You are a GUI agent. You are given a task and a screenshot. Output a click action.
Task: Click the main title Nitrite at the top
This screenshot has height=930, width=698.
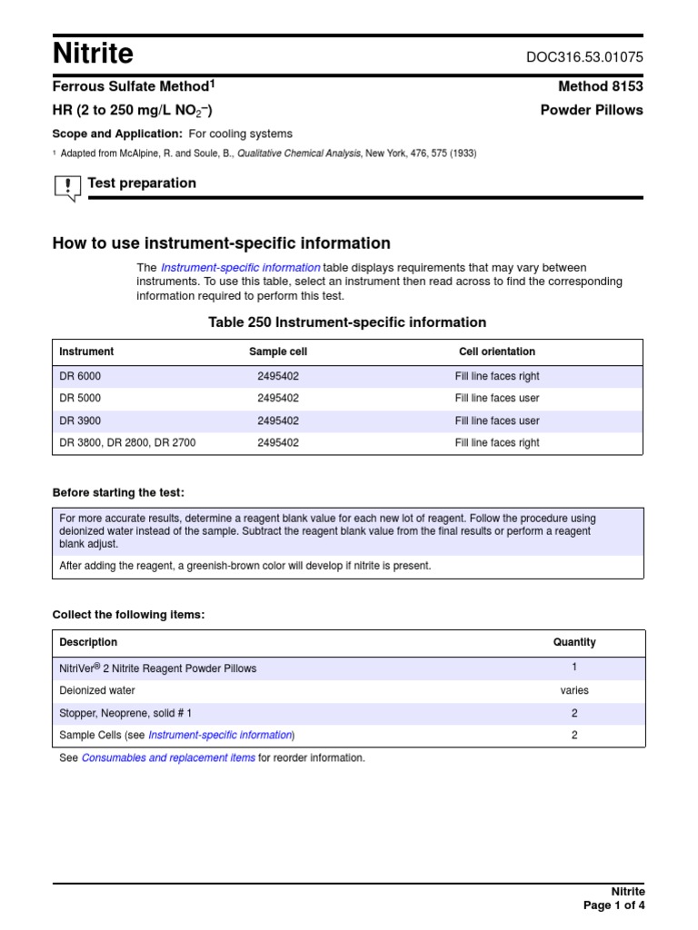(x=93, y=54)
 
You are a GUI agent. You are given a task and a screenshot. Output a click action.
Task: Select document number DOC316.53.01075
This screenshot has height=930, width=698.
(x=584, y=56)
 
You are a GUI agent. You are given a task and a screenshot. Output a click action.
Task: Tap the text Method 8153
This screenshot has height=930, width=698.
(x=600, y=86)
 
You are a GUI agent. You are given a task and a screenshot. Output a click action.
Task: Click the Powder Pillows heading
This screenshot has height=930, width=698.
(x=591, y=110)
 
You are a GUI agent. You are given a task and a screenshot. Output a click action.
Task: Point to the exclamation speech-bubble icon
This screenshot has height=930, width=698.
(x=67, y=187)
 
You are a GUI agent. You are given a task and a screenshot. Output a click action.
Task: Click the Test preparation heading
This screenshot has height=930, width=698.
(x=142, y=183)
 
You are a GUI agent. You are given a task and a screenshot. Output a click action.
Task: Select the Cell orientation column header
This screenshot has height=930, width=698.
(x=496, y=351)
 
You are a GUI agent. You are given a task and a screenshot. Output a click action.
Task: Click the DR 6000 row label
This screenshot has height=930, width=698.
(x=80, y=376)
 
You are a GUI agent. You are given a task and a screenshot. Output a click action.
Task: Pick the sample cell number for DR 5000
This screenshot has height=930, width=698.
(x=278, y=398)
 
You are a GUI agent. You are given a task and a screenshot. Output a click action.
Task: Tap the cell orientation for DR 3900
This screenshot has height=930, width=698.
(x=497, y=420)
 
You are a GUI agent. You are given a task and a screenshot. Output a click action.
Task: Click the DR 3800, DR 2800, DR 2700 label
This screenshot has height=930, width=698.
(x=127, y=443)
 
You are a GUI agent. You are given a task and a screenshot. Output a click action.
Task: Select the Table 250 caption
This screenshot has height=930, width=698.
(x=347, y=322)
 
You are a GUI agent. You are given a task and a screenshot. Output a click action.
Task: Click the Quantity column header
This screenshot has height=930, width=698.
(x=574, y=642)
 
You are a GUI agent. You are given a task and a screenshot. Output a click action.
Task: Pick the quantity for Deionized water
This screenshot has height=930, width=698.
(x=574, y=690)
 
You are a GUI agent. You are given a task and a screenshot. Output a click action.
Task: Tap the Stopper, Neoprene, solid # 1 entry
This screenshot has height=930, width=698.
(x=125, y=713)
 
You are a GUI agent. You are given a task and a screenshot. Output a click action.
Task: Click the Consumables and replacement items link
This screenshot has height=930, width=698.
(x=168, y=757)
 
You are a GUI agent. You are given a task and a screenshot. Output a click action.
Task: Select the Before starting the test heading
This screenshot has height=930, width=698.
(x=118, y=492)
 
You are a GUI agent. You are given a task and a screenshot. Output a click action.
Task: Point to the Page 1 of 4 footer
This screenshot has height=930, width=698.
(x=613, y=905)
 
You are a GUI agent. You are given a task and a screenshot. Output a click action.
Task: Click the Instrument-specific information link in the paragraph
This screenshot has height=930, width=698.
(x=240, y=268)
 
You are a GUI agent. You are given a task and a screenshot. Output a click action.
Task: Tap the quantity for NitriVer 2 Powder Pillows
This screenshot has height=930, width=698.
(x=574, y=667)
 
